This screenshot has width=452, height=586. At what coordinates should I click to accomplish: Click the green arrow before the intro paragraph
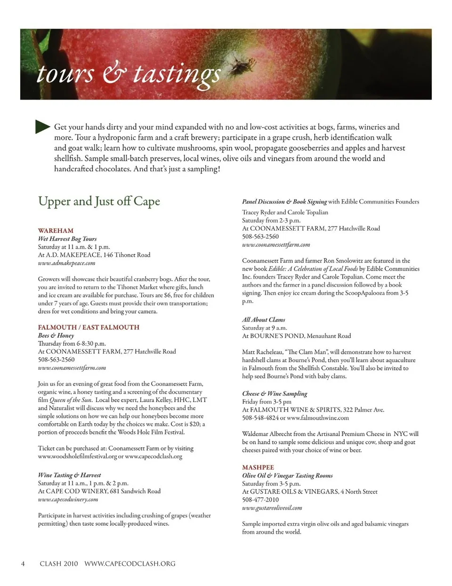point(42,126)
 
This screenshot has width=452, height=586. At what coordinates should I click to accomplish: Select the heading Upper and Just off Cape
point(99,201)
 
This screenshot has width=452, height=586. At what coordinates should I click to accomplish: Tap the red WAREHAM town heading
point(56,231)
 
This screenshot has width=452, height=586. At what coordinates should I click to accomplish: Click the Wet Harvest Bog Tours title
point(67,239)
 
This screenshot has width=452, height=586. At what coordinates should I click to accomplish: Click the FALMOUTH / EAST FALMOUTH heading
point(89,327)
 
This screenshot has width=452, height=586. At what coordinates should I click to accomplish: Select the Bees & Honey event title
point(56,336)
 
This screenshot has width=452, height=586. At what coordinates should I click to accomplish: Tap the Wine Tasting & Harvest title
point(69,475)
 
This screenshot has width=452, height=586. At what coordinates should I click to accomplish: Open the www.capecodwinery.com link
point(68,500)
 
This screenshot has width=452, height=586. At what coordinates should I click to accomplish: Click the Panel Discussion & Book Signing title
point(284,202)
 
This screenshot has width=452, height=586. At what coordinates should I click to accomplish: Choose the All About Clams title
point(263,320)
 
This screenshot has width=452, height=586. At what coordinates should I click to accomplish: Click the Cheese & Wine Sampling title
point(274,393)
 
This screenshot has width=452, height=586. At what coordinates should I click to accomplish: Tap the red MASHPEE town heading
point(258,468)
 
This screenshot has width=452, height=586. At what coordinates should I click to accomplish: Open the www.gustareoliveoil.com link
point(272,508)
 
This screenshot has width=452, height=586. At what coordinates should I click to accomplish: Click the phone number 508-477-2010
point(260,500)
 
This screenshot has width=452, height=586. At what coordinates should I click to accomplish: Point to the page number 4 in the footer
point(23,563)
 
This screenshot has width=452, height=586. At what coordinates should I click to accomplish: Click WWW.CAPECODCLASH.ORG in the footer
point(129,563)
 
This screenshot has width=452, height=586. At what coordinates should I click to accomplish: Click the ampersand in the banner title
point(112,74)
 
